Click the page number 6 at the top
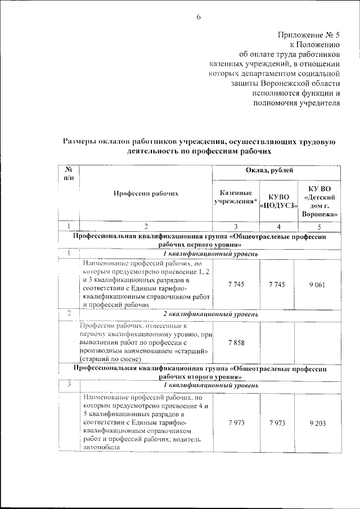(199, 17)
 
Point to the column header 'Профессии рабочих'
(146, 193)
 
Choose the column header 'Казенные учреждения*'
(236, 197)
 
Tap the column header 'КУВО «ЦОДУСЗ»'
(278, 201)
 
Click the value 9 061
(319, 285)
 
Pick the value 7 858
(236, 341)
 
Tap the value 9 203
(319, 422)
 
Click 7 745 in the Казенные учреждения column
(236, 285)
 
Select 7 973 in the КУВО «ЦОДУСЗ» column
(278, 422)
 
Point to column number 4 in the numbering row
(278, 226)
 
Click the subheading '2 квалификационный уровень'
(211, 313)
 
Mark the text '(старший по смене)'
(110, 359)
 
